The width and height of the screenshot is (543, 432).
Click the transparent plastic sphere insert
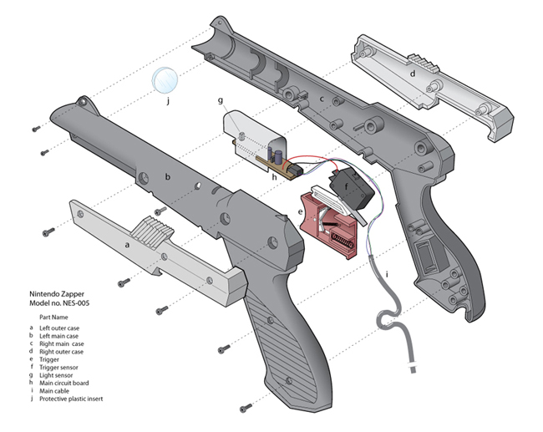point(165,80)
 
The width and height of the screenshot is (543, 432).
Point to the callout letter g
point(221,100)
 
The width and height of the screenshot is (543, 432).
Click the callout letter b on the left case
point(167,176)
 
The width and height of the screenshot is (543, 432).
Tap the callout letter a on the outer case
point(127,246)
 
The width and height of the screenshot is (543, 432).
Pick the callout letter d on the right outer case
point(413,74)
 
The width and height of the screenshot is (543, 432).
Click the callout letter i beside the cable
point(386,274)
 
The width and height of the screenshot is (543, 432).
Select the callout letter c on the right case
point(321,99)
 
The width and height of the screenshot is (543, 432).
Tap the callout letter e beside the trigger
point(300,212)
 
